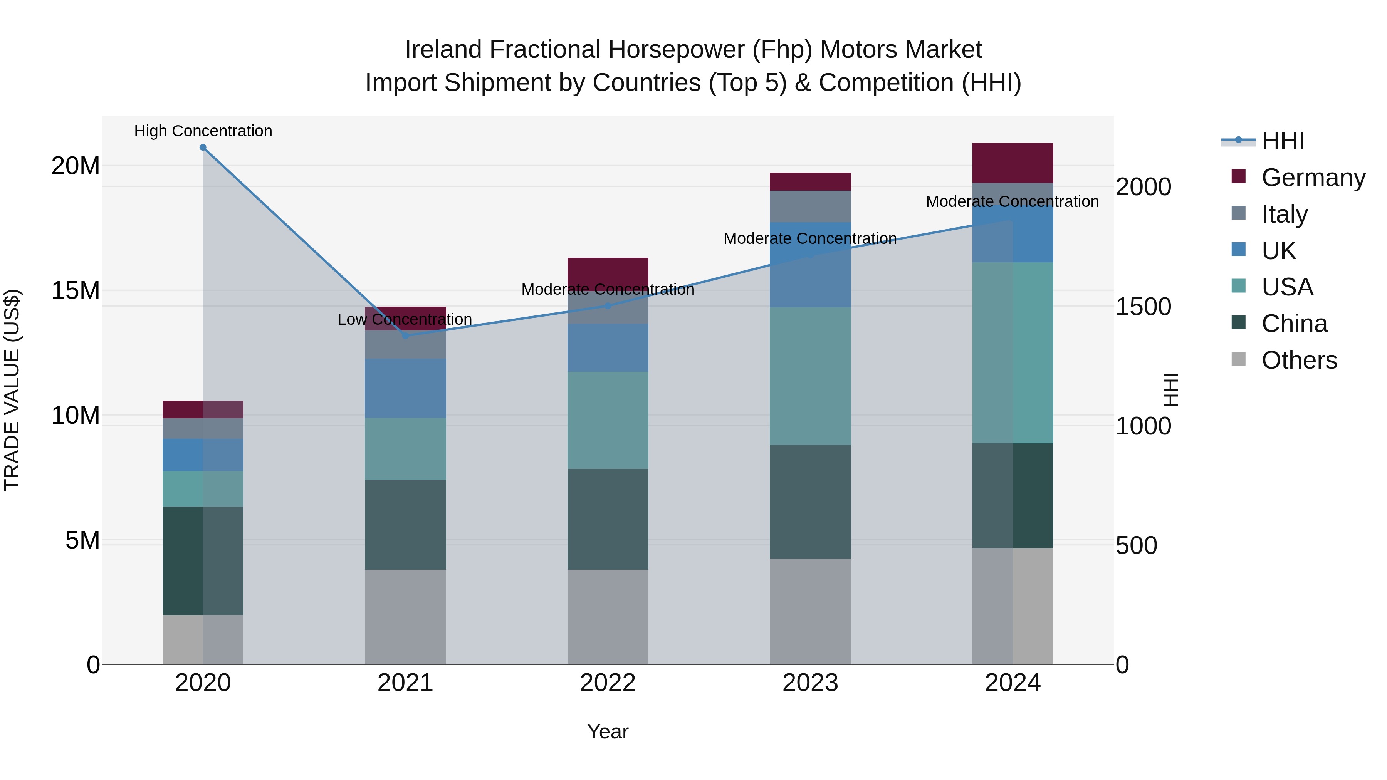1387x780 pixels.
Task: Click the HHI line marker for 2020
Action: tap(203, 148)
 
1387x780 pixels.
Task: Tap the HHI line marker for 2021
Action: tap(405, 336)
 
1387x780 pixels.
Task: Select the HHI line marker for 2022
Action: tap(608, 306)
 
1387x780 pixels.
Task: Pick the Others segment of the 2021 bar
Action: tap(405, 617)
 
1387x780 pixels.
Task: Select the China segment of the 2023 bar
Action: tap(810, 502)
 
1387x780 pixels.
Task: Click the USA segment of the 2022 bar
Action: tap(608, 420)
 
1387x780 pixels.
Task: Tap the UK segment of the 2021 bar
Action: tap(405, 388)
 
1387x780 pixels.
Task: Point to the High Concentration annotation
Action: tap(203, 131)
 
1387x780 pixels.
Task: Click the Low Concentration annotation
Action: tap(405, 320)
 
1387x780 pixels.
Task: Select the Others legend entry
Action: tap(1299, 360)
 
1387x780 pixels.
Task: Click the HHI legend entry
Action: tap(1283, 141)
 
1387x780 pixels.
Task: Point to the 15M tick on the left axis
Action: tap(76, 291)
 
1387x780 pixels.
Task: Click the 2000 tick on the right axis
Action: tap(1143, 187)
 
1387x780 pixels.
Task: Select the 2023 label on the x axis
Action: tap(810, 683)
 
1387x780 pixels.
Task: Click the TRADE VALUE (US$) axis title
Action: tap(12, 390)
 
